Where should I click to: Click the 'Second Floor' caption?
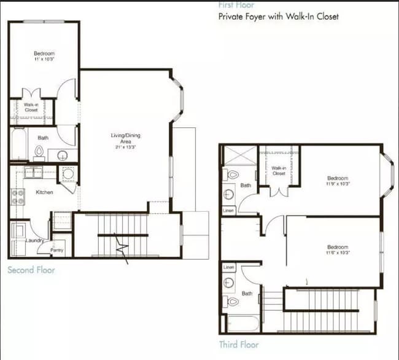31,270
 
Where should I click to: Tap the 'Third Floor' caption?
239,345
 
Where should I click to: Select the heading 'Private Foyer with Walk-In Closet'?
279,17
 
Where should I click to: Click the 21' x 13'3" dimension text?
124,147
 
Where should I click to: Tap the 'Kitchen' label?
44,192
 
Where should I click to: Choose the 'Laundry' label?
25,240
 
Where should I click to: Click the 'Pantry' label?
57,250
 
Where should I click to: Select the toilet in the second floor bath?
39,152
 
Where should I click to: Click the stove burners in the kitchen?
17,197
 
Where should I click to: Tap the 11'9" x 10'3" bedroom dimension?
338,183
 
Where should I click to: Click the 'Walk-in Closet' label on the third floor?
279,170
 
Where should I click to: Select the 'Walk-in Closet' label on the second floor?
31,108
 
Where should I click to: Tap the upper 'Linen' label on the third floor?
228,210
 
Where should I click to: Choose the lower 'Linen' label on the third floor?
229,268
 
